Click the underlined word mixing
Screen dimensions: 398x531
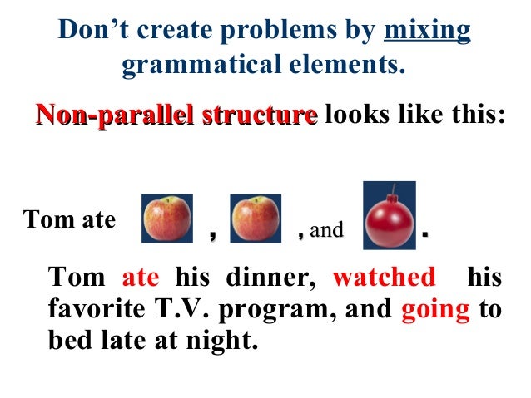pos(428,32)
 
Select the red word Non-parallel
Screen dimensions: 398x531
pos(100,115)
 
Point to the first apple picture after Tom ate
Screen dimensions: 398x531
pos(168,218)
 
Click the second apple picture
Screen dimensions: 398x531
pos(256,218)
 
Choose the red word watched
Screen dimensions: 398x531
pos(384,278)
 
